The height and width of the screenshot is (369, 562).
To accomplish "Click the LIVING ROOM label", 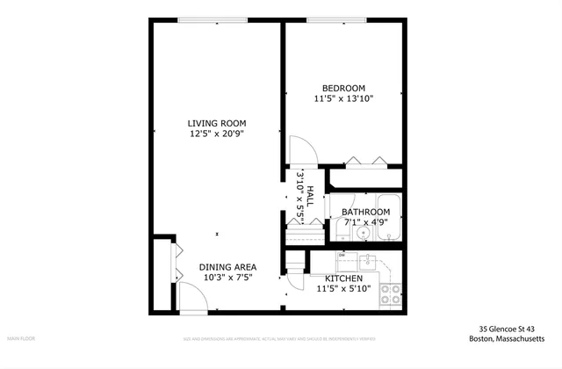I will (216, 123).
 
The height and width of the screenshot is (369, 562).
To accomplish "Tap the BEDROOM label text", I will (343, 88).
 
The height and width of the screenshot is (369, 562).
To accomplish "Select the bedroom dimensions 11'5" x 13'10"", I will (343, 99).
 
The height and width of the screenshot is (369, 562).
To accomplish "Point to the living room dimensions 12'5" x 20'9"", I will (216, 134).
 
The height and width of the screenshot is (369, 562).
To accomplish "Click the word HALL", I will (309, 182).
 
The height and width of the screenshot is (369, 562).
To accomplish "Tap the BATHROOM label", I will (365, 212).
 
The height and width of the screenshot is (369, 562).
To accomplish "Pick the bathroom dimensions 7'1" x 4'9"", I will (365, 222).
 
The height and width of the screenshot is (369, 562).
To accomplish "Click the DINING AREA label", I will (227, 267).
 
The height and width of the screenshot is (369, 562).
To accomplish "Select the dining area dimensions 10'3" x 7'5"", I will (227, 278).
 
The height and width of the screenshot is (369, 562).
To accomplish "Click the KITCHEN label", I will (344, 278).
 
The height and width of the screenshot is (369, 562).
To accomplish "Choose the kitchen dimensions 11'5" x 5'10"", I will (344, 288).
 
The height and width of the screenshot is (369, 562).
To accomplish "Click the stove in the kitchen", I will (391, 293).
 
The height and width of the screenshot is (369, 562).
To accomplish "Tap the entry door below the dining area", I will (192, 300).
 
